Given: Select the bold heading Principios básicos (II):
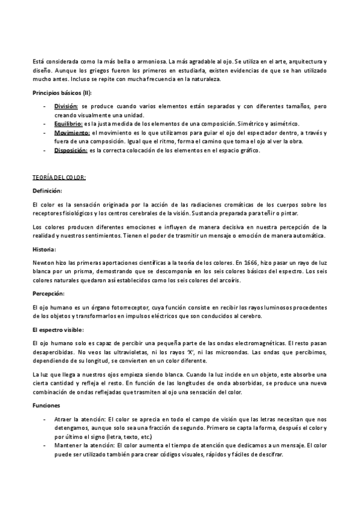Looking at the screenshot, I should click(62, 92).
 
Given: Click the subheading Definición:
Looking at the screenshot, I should click(47, 191).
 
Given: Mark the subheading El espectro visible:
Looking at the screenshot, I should click(58, 330).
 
